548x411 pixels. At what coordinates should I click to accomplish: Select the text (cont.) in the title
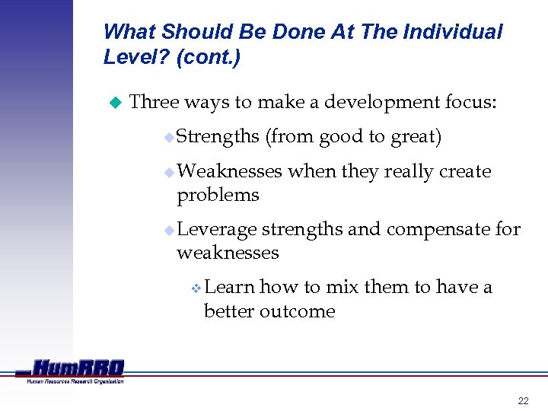point(208,58)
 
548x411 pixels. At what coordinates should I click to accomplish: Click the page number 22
point(522,400)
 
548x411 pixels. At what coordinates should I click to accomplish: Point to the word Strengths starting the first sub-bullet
point(218,137)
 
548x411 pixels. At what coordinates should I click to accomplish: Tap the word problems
point(218,196)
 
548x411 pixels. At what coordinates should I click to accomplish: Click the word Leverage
point(216,229)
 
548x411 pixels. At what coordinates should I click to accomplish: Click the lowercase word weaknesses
point(228,253)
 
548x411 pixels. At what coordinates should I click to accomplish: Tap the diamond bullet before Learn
point(196,288)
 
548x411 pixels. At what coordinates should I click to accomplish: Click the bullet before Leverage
point(170,230)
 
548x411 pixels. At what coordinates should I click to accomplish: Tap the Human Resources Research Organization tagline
point(75,381)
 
